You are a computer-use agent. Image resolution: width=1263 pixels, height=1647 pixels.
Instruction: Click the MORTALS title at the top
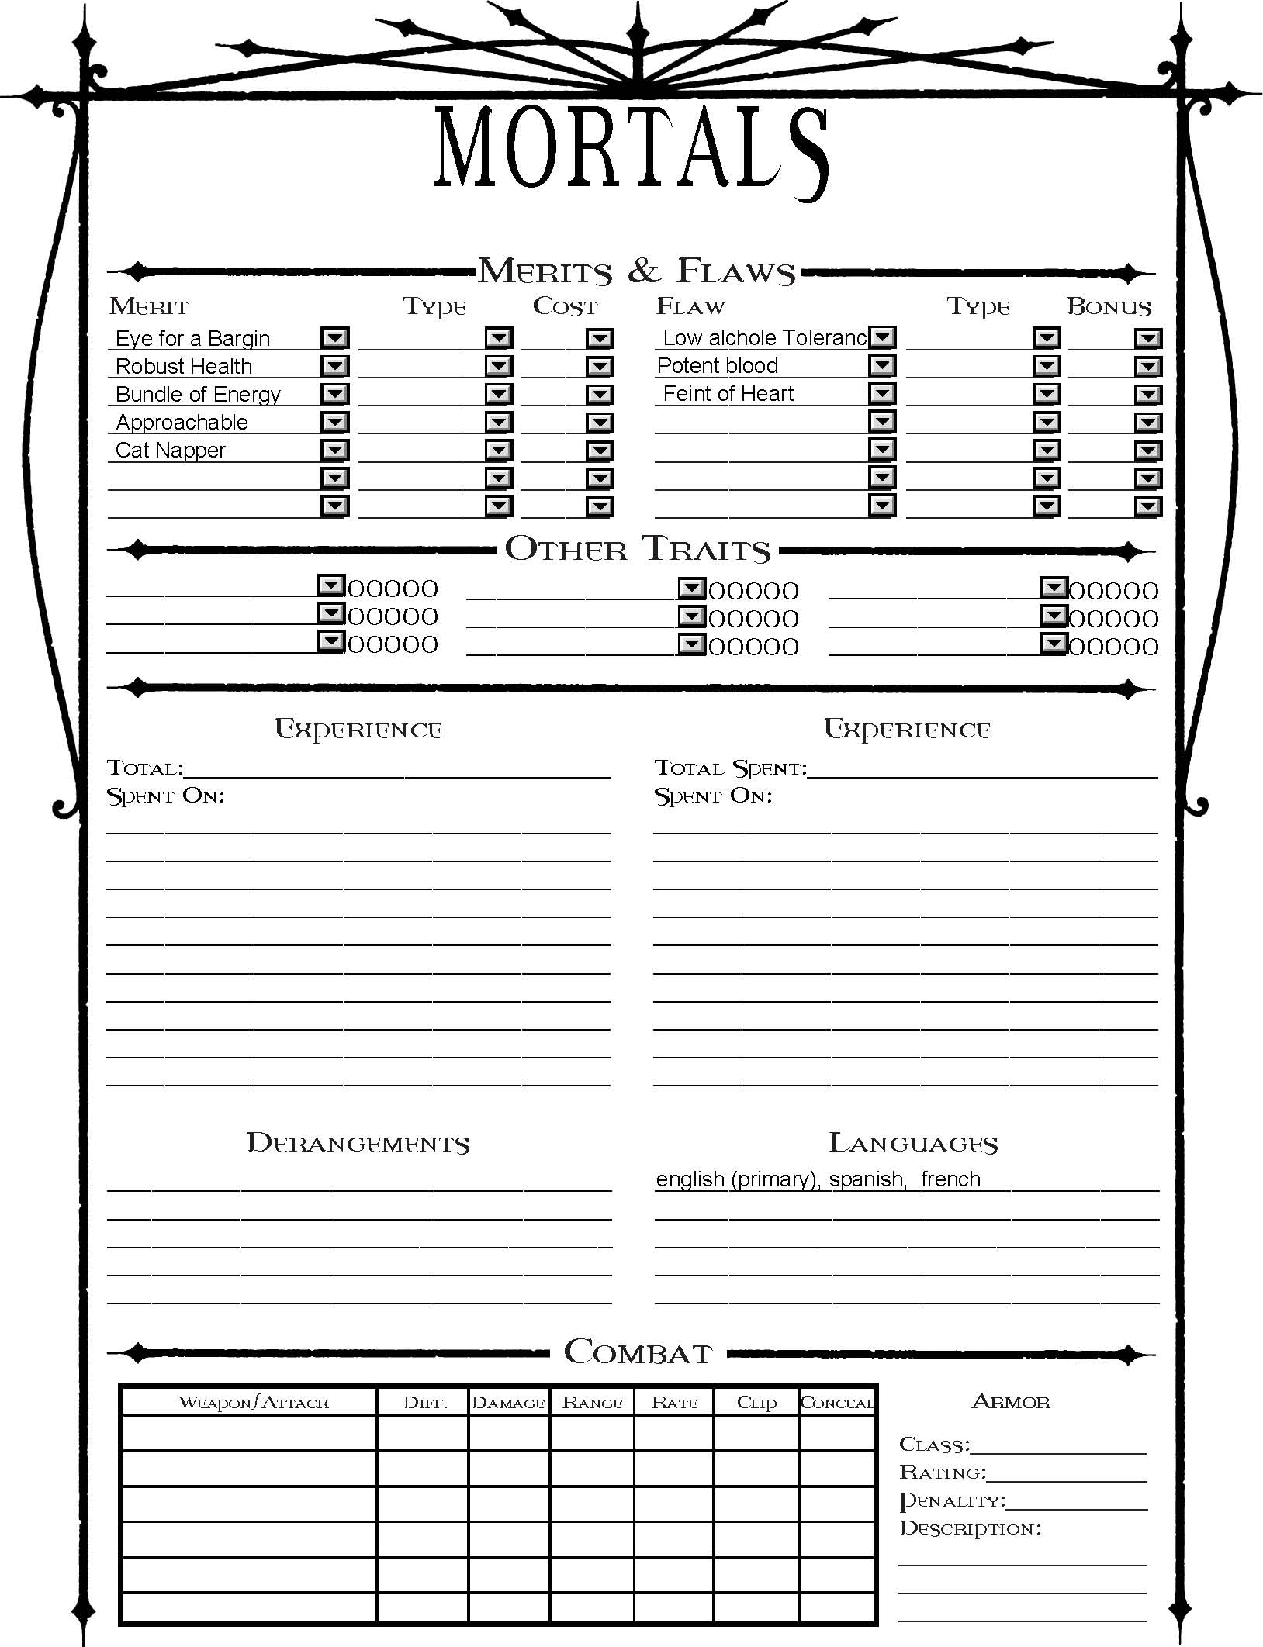pos(631,150)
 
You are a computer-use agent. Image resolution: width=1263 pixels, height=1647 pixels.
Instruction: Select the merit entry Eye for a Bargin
pos(192,339)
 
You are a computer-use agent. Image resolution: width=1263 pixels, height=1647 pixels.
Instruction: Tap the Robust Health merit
pos(184,367)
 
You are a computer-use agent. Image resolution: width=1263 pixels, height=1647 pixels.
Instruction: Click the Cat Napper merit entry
pos(171,451)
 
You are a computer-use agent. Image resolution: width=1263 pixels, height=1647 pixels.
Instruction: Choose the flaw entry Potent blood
pos(718,366)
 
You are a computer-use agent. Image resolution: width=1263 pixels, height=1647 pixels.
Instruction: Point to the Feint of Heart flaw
pos(728,394)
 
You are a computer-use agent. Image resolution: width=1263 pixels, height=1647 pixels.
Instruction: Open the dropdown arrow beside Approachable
pos(335,423)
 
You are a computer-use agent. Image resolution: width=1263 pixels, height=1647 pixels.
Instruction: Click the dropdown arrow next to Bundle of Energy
pos(335,395)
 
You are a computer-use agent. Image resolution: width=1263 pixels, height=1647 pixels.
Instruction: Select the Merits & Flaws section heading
pos(636,271)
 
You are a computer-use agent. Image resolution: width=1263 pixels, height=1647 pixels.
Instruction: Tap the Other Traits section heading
pos(638,549)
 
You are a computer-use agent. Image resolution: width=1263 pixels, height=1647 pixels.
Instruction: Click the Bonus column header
pos(1109,307)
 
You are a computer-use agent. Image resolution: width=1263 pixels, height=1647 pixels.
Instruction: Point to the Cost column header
pos(565,307)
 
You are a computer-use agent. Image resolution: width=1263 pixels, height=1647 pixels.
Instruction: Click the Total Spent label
pos(730,768)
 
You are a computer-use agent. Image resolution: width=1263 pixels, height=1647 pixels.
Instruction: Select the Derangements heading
pos(358,1143)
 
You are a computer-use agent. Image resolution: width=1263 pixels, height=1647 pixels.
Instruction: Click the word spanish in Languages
pos(866,1179)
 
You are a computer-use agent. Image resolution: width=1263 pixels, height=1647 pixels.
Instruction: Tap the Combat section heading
pos(638,1352)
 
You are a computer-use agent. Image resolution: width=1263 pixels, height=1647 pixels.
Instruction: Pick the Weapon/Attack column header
pos(254,1403)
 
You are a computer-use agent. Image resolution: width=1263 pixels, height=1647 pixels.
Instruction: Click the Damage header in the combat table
pos(509,1403)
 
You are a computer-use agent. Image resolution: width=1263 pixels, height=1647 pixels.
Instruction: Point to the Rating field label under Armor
pos(943,1473)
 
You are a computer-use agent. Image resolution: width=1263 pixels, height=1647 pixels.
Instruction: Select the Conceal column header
pos(836,1403)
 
